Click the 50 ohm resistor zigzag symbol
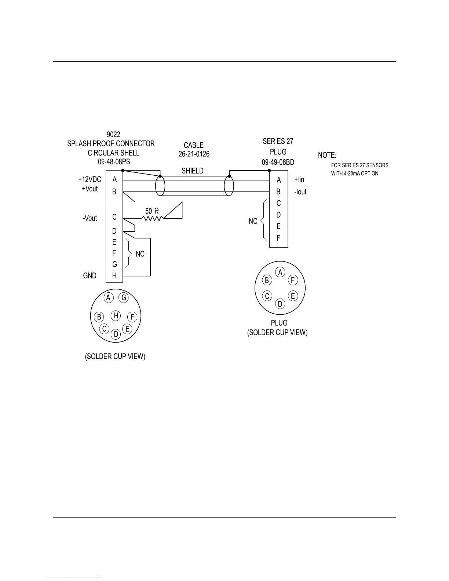pos(152,219)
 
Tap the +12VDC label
pos(90,180)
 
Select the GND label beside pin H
pos(90,275)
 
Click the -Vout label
pos(90,218)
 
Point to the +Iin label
pos(299,180)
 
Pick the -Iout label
pos(300,192)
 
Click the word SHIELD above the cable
pos(193,171)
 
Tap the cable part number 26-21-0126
pos(194,154)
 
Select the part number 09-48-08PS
pos(114,161)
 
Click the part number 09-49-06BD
pos(278,162)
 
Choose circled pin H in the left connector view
pos(116,315)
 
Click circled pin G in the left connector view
pos(124,297)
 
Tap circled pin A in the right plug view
pos(280,273)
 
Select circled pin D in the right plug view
pos(280,304)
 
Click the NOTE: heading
pos(327,155)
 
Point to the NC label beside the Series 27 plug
pos(253,222)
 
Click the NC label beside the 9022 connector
pos(140,254)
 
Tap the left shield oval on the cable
pos(160,186)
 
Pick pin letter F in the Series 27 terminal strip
pos(278,238)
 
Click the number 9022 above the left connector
pos(113,135)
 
